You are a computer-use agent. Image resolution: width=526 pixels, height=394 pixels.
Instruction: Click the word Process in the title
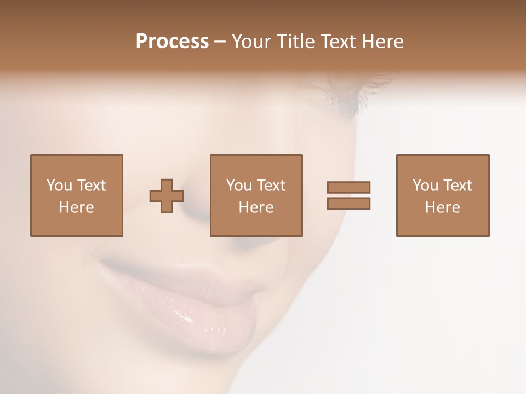coord(172,42)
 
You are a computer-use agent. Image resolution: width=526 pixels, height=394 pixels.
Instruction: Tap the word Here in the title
coord(381,42)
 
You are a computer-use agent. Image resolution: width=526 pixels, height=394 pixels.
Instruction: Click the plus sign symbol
coord(167,196)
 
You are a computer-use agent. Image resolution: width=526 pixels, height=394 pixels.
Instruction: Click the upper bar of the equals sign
coord(348,188)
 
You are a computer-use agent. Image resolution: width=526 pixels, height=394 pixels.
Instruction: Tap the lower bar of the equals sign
coord(348,204)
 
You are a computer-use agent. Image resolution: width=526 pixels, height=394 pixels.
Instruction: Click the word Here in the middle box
coord(256,207)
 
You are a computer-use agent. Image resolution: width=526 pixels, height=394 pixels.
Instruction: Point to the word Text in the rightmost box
coord(457,186)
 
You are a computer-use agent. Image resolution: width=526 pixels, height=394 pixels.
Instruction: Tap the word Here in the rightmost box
coord(443,207)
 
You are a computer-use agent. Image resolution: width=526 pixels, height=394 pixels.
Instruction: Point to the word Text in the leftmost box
coord(91,186)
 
